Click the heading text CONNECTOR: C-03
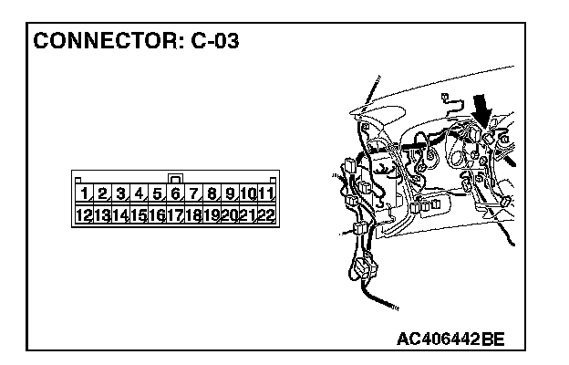137,41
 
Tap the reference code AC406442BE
450,339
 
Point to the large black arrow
482,116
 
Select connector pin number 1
84,193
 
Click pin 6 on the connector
175,193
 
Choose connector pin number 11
265,193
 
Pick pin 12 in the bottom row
84,215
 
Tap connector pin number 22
265,215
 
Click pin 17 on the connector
175,215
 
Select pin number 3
120,193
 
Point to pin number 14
120,215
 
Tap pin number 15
139,215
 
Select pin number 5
157,193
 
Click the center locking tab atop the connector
175,177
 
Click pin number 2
102,193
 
